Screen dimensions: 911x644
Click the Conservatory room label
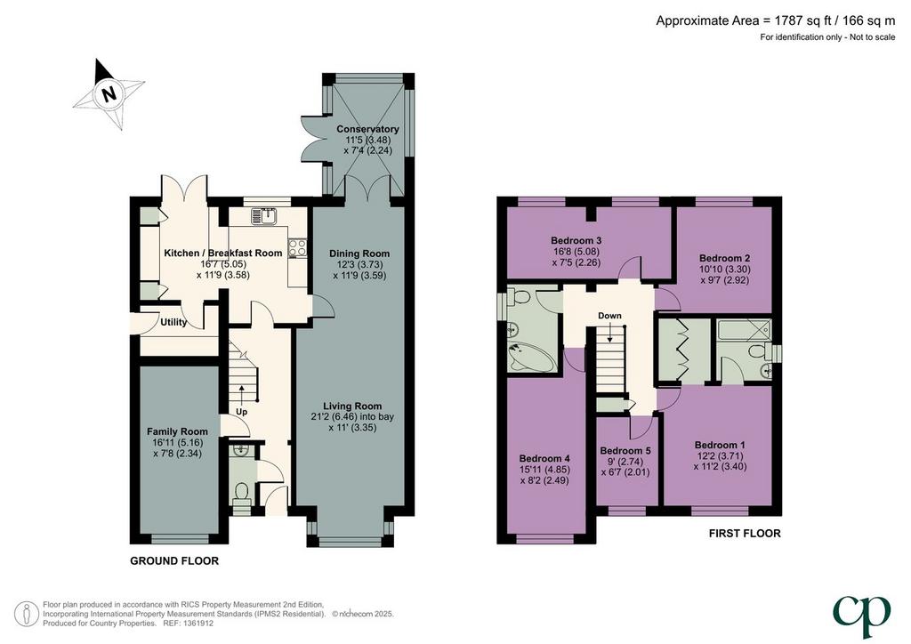(367, 129)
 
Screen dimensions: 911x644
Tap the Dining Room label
(359, 254)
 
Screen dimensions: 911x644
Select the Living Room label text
(352, 407)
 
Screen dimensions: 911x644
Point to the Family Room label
(177, 431)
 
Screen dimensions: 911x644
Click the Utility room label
(173, 322)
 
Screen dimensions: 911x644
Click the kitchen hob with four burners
(297, 248)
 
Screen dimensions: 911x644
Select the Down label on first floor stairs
(609, 316)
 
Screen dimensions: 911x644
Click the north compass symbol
(109, 93)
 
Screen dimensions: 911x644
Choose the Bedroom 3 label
(576, 240)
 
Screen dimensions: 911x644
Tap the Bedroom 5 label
(625, 451)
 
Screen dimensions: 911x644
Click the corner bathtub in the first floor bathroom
(530, 357)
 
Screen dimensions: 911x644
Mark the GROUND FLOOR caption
(174, 561)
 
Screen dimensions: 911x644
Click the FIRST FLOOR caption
(745, 533)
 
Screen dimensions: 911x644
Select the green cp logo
(861, 616)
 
